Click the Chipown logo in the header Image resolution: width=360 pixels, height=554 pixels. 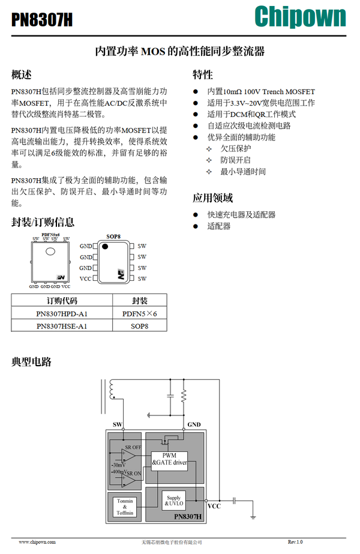click(299, 17)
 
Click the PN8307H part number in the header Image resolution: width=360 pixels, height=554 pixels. click(42, 20)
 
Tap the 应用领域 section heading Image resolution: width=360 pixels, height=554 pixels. click(212, 198)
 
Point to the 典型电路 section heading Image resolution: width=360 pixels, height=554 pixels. click(31, 362)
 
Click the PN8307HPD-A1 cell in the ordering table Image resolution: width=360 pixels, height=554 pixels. click(62, 313)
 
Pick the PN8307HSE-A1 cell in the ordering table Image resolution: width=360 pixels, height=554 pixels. click(62, 327)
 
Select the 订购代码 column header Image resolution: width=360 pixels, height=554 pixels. click(62, 301)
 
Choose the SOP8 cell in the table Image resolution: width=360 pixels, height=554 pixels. click(139, 327)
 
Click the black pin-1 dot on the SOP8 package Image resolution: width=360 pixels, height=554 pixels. click(104, 247)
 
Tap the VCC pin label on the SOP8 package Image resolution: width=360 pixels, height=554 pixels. click(86, 279)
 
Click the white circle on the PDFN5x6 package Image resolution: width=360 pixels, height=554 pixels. click(51, 251)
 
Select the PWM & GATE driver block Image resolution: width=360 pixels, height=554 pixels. click(169, 459)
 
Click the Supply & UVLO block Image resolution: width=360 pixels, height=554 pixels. click(173, 500)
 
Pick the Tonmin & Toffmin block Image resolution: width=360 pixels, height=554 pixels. click(125, 507)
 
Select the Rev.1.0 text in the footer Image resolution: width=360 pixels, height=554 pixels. click(295, 541)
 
